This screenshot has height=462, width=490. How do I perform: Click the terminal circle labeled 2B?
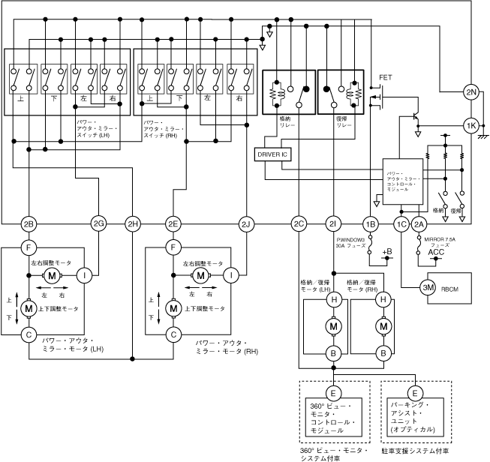[x=29, y=223]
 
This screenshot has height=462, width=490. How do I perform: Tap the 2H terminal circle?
[x=133, y=223]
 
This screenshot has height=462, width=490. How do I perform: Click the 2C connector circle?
[x=299, y=223]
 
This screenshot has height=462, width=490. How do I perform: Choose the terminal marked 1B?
[x=369, y=223]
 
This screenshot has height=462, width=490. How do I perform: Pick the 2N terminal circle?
[x=471, y=92]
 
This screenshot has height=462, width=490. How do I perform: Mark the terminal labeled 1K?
[x=471, y=125]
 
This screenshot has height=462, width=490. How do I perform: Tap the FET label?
[x=386, y=77]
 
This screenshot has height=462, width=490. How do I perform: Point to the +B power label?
[x=387, y=252]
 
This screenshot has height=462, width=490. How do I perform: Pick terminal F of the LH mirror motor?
[x=29, y=246]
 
